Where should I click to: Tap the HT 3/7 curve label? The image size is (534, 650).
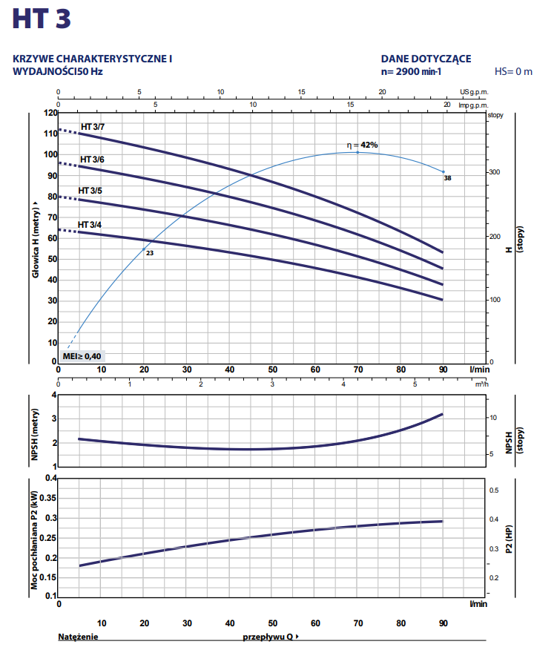point(93,127)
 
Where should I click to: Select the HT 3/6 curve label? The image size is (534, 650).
point(92,160)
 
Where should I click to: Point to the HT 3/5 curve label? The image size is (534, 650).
point(90,191)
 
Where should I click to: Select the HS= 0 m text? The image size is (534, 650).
point(513,72)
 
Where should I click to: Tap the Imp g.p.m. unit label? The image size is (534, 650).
point(474,105)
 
